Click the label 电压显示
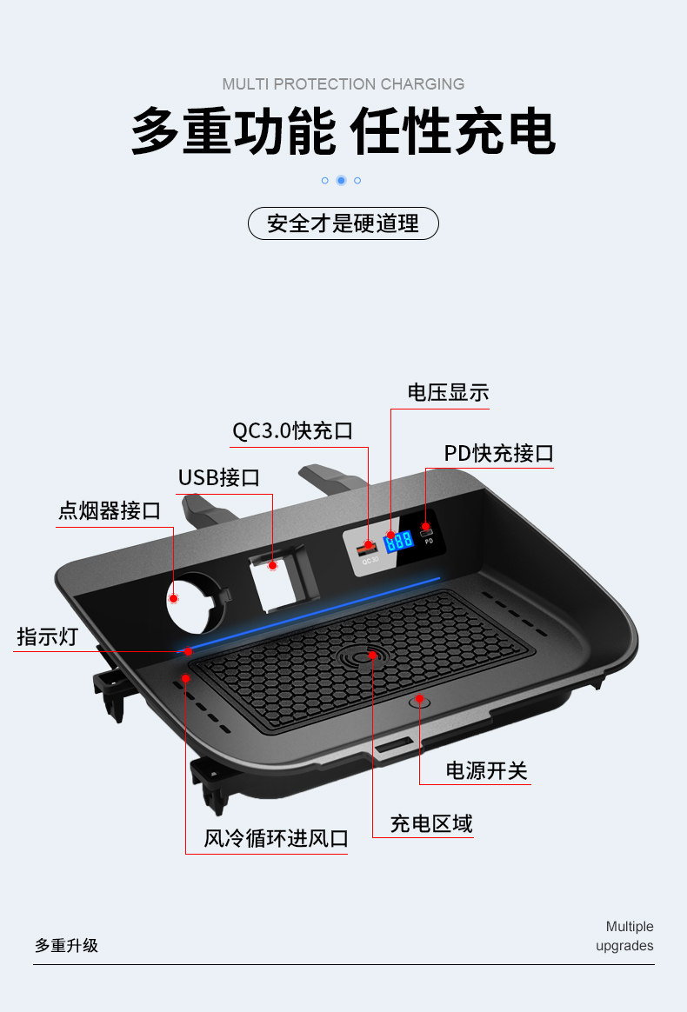448,392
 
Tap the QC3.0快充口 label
292,430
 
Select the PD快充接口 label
498,453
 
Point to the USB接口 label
218,477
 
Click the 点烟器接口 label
110,510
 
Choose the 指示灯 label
47,636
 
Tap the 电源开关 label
486,770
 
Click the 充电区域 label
430,823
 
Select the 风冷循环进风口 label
276,838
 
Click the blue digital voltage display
399,540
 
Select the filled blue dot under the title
341,180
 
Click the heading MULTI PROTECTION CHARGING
343,84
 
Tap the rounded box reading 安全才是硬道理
343,223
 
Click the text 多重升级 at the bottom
66,945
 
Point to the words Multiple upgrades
627,936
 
